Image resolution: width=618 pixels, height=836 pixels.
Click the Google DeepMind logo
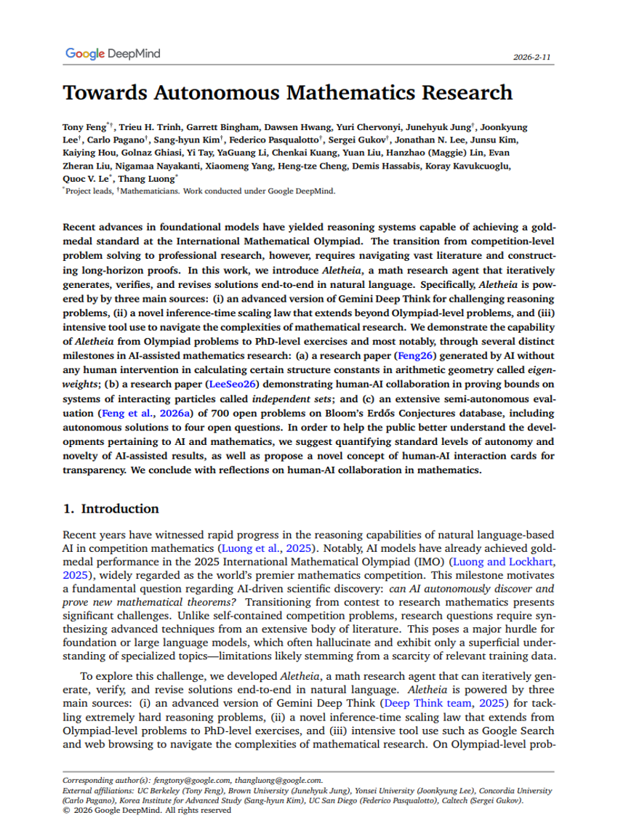(x=113, y=54)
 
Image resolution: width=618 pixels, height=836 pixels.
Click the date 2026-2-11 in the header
(x=533, y=57)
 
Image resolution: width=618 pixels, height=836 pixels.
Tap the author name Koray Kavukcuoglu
(x=483, y=166)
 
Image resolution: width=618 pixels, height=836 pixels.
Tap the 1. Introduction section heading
(x=111, y=509)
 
